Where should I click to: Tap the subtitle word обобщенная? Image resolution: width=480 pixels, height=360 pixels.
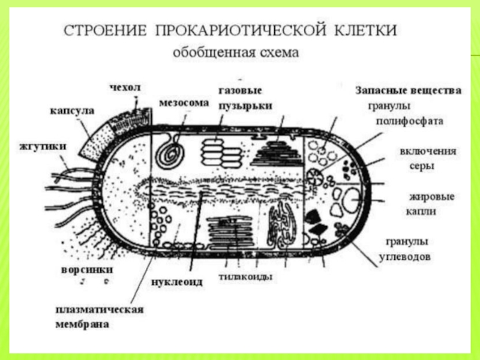[206, 52]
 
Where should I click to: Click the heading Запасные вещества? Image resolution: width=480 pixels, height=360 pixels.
[409, 91]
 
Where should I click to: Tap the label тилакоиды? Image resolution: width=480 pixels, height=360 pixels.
[247, 277]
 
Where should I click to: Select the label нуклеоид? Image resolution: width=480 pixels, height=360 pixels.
[176, 281]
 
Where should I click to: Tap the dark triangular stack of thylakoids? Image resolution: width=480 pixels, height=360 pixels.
[277, 153]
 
